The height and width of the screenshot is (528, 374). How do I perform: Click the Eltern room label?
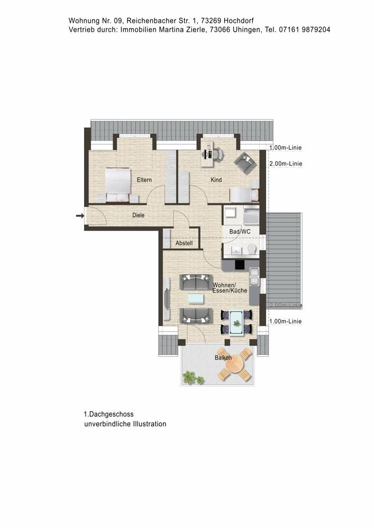[144, 181]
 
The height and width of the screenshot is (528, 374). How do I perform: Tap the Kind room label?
[216, 181]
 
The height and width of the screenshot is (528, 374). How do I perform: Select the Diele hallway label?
[138, 215]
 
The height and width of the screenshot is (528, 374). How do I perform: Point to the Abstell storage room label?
[184, 243]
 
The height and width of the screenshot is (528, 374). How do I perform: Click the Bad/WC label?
[240, 232]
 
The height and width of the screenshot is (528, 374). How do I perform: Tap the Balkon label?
[223, 358]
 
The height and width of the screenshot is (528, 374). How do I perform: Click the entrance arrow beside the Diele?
[80, 215]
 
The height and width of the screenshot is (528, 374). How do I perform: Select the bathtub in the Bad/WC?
[250, 215]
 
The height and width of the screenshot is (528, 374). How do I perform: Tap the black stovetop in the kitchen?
[238, 266]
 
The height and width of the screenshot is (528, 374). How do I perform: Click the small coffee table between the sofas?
[195, 298]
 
